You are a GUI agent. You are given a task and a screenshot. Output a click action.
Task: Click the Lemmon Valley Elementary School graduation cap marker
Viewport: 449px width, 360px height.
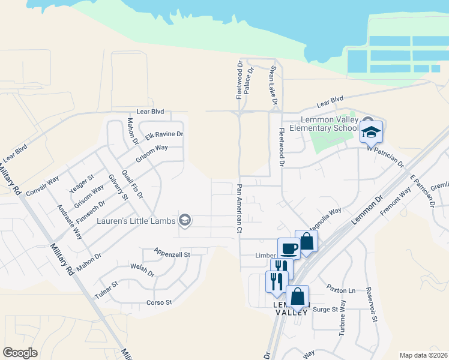click(x=371, y=132)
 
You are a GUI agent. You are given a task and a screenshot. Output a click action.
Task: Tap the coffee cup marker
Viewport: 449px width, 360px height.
click(x=288, y=248)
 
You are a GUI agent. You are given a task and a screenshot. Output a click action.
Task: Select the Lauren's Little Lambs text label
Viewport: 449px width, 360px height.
click(x=136, y=221)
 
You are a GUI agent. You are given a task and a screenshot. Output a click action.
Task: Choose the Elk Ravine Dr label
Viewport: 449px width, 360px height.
click(x=164, y=135)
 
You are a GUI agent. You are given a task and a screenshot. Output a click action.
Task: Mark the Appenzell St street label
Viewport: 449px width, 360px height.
click(x=172, y=254)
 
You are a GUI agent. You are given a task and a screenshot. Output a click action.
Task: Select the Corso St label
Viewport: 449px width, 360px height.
click(x=160, y=302)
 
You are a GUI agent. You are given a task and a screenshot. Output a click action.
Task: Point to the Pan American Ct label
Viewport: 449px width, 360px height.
click(x=239, y=208)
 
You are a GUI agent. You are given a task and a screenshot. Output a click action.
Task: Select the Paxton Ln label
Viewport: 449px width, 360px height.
click(x=337, y=289)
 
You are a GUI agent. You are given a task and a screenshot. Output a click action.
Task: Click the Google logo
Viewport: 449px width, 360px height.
click(x=20, y=353)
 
